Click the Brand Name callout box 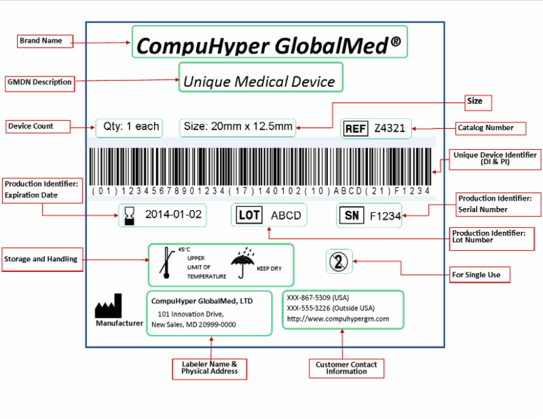point(41,41)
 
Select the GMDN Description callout point(39,82)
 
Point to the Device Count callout point(31,126)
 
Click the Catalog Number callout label point(485,127)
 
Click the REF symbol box point(356,129)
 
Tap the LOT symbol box point(248,216)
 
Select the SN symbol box point(352,216)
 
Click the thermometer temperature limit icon point(165,264)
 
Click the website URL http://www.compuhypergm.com point(337,319)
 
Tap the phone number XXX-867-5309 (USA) point(318,298)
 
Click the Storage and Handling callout point(41,259)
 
